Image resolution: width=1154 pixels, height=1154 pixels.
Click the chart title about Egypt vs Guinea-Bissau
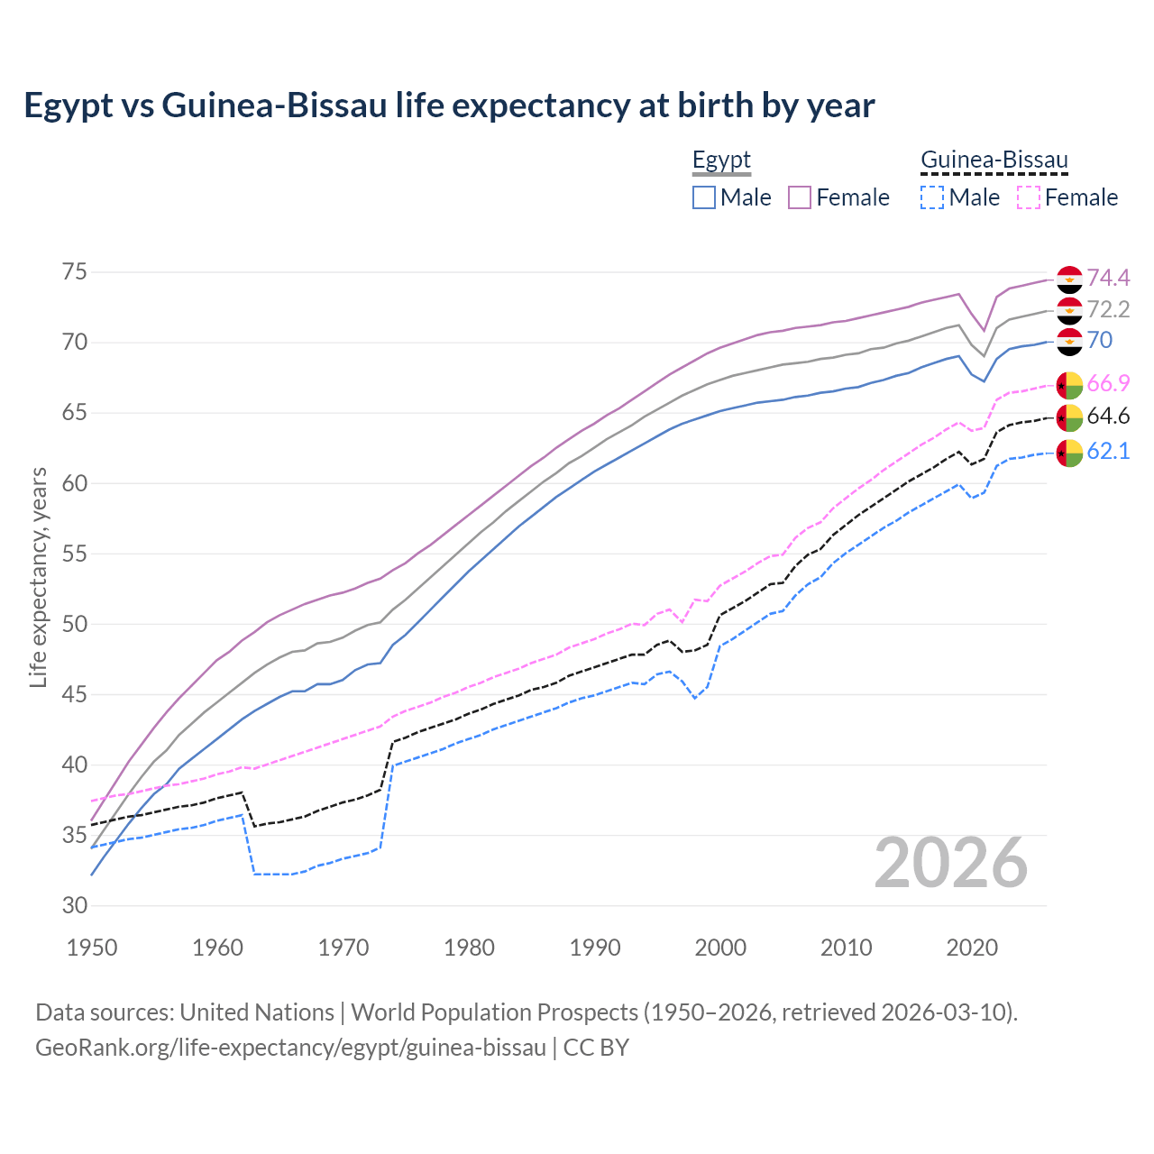point(449,105)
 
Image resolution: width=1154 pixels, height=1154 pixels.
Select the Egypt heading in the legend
point(721,160)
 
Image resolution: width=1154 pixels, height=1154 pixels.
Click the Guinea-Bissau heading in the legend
point(994,160)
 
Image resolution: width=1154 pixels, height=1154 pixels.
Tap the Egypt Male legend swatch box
point(704,197)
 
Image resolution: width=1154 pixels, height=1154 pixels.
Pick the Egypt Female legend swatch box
point(800,197)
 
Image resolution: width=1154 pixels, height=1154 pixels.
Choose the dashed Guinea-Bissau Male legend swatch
point(932,197)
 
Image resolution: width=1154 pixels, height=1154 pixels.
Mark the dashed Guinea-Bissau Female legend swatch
point(1028,197)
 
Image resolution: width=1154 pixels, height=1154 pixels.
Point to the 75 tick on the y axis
point(75,272)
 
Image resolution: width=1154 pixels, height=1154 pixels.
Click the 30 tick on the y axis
point(75,906)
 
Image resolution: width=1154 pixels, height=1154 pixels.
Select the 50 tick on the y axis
point(75,624)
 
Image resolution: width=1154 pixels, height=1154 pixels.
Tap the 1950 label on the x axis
point(92,948)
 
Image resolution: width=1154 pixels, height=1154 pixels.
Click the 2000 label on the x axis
point(720,948)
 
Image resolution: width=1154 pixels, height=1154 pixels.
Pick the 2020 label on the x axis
point(972,948)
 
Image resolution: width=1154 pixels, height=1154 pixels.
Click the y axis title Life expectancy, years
point(39,577)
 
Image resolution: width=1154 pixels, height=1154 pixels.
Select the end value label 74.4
point(1108,278)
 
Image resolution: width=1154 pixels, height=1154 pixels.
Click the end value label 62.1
point(1108,451)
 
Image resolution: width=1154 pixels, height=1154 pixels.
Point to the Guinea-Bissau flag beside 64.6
point(1069,417)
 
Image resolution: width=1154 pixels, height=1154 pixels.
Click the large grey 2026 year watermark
point(950,863)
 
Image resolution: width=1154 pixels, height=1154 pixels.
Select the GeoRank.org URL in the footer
point(290,1048)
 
